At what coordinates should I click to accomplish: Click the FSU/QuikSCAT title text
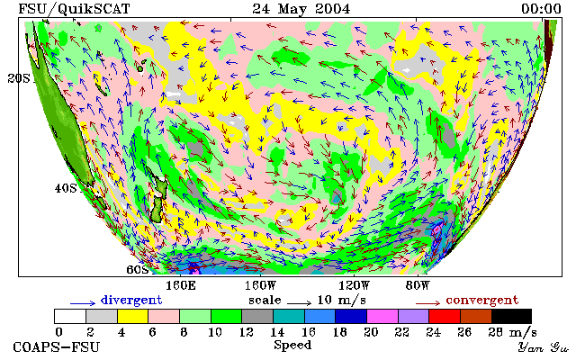(75, 9)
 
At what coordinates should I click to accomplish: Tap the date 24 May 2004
(301, 9)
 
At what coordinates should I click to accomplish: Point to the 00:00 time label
(541, 9)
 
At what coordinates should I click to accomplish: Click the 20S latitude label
(19, 78)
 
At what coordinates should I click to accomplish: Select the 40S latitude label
(66, 188)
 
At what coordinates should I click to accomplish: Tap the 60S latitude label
(138, 269)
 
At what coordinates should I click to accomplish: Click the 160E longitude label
(181, 286)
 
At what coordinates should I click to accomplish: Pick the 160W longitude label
(260, 286)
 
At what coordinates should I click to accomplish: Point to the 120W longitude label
(354, 286)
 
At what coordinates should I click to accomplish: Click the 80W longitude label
(418, 286)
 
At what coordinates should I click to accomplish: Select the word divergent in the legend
(131, 300)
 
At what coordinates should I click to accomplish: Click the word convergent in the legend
(482, 300)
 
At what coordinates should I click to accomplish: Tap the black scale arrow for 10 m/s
(299, 303)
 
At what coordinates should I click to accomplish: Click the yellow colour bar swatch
(133, 316)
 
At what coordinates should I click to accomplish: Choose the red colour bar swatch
(445, 316)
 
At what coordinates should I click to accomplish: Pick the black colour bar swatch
(511, 316)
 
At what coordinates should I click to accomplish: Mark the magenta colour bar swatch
(382, 316)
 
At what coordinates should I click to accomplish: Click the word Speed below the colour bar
(292, 345)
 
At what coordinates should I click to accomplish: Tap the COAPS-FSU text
(57, 347)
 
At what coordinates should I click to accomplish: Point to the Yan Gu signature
(544, 348)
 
